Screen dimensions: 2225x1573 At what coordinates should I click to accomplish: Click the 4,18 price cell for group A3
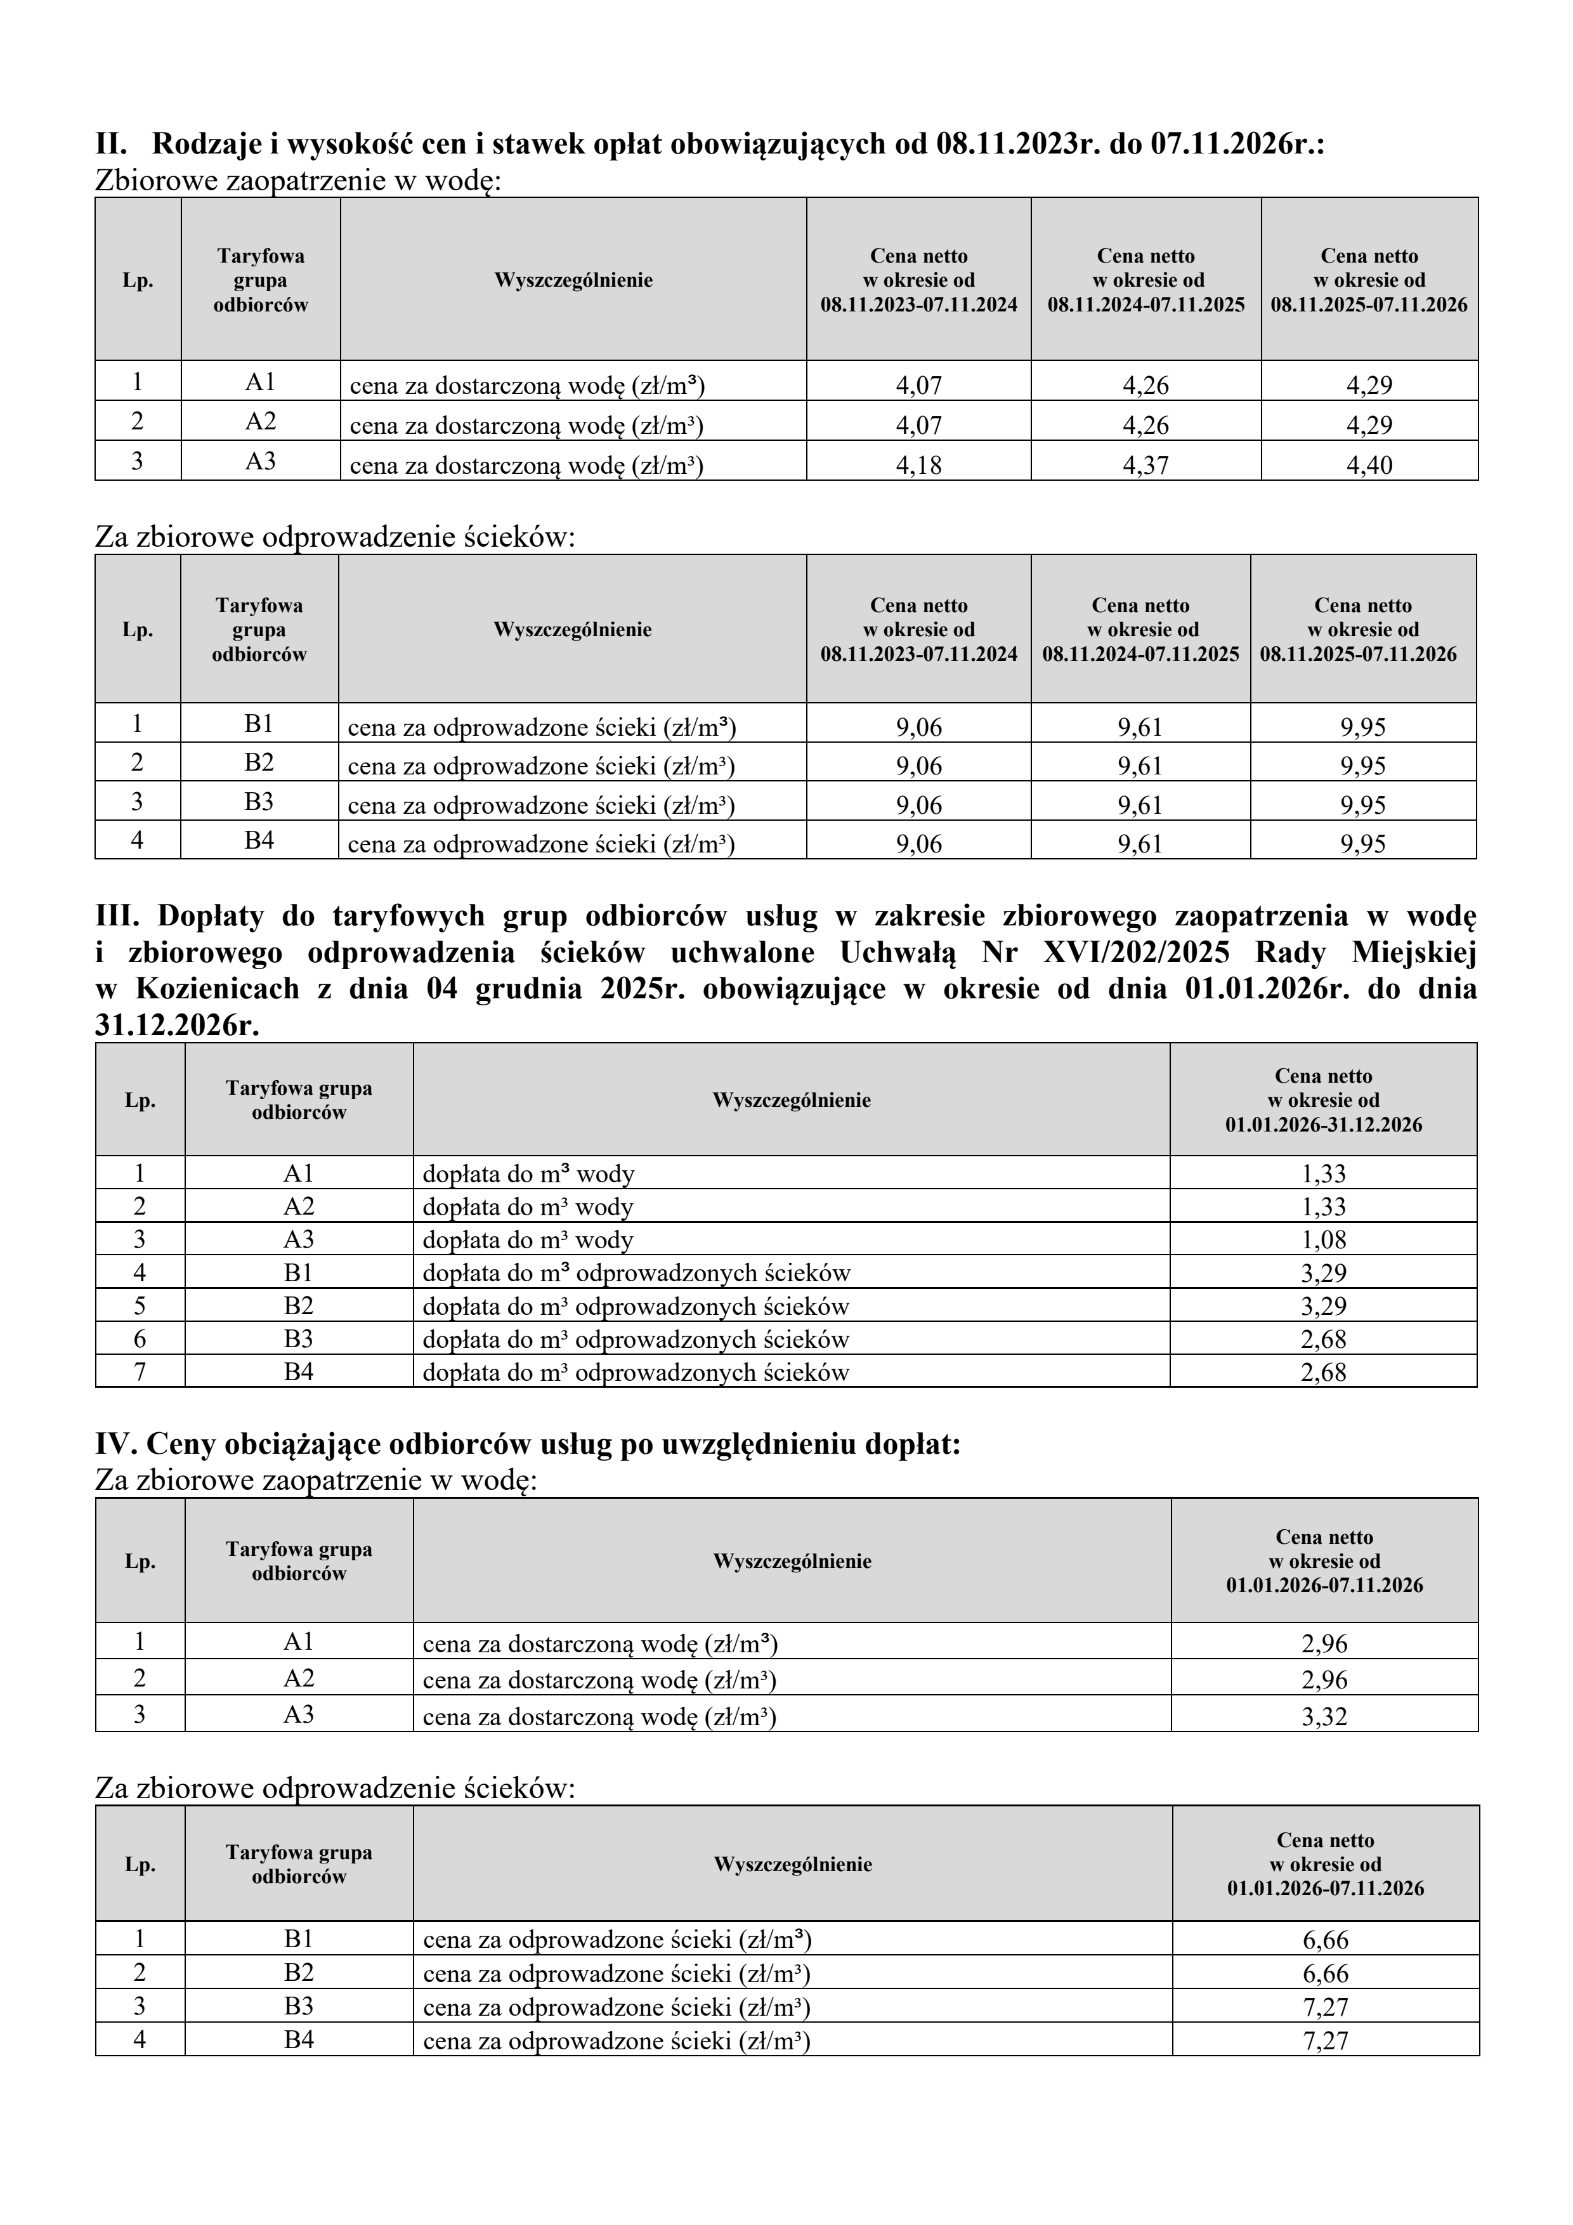click(x=918, y=465)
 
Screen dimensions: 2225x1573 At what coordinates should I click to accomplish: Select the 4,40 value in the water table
click(x=1369, y=465)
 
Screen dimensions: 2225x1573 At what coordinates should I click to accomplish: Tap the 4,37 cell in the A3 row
click(x=1145, y=465)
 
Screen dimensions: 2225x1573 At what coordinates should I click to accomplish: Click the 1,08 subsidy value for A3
click(x=1323, y=1239)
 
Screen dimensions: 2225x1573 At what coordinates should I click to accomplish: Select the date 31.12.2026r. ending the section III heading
click(x=178, y=1025)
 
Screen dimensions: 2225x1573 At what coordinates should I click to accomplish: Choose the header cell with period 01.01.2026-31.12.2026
click(x=1323, y=1100)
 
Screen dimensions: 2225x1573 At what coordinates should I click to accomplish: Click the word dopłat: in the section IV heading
click(x=912, y=1444)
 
